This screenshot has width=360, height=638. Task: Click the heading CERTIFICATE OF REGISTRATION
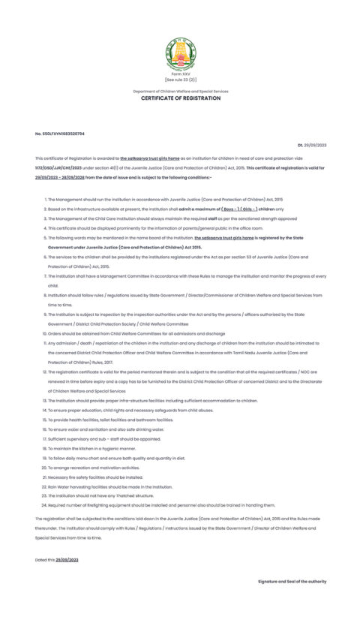(x=180, y=98)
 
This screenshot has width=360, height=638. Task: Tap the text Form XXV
(x=180, y=75)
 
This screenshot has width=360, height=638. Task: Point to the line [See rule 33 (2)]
(x=180, y=80)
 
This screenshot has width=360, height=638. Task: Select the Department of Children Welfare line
(x=180, y=92)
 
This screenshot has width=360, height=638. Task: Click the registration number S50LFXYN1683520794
(x=60, y=134)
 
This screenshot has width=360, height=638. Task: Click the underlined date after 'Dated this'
(x=67, y=560)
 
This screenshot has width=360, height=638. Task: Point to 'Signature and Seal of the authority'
(x=292, y=582)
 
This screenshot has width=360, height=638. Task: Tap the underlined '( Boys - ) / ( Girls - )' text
(x=235, y=209)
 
